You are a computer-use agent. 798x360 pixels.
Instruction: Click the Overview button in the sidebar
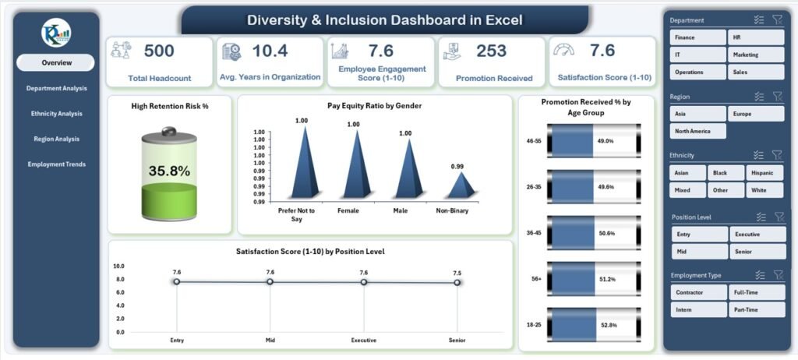click(56, 62)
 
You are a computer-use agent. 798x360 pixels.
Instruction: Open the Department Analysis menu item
click(56, 88)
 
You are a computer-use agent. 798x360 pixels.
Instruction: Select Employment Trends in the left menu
click(56, 164)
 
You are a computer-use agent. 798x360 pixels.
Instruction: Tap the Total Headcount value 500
click(159, 51)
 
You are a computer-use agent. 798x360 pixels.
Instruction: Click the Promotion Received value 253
click(491, 51)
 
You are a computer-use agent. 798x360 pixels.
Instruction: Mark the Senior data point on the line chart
click(457, 282)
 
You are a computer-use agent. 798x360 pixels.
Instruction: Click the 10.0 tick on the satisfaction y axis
click(119, 266)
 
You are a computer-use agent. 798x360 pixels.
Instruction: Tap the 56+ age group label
click(533, 278)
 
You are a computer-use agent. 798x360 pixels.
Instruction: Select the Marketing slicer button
click(757, 55)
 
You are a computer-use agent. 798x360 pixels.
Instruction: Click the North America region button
click(698, 131)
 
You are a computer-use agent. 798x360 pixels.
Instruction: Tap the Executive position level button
click(757, 234)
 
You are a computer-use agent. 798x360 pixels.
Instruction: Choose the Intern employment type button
click(698, 310)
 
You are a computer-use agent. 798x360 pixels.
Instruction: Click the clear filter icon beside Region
click(777, 97)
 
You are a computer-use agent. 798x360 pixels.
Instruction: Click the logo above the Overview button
click(56, 32)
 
